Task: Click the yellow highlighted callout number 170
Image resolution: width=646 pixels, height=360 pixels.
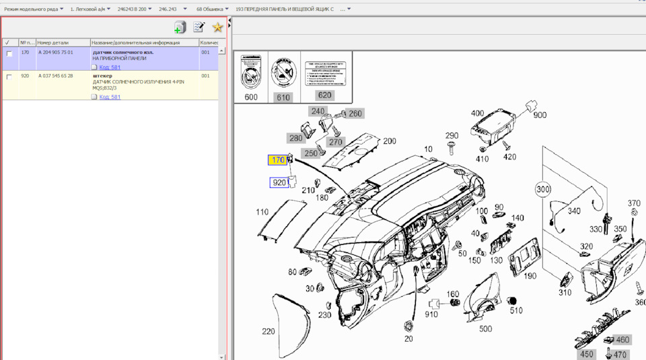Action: pos(277,160)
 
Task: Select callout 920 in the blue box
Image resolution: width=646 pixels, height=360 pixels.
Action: pos(279,182)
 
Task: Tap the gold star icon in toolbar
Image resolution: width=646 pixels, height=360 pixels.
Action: pos(217,27)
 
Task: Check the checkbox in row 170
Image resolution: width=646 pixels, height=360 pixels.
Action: pos(9,53)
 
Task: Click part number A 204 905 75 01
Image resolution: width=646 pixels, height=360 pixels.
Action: pos(56,52)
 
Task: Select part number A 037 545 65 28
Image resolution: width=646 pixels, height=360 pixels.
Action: pos(56,76)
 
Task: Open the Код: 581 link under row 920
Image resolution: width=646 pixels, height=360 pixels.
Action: pos(110,97)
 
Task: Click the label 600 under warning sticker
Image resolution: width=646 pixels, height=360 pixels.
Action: pos(251,97)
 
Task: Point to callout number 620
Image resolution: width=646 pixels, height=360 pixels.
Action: pos(324,96)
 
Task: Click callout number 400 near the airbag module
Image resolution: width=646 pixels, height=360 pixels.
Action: pos(477,113)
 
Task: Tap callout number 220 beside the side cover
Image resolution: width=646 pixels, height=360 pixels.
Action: pos(268,331)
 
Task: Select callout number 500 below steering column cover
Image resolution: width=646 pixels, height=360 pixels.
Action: pos(485,328)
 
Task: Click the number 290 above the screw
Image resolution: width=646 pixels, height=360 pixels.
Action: pos(452,136)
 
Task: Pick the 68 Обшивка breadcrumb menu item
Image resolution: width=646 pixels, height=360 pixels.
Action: pos(210,9)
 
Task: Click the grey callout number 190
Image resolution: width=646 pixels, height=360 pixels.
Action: pos(530,276)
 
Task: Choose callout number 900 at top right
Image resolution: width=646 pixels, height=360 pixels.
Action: pos(540,115)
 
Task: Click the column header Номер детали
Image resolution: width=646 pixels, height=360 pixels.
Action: pos(53,42)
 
